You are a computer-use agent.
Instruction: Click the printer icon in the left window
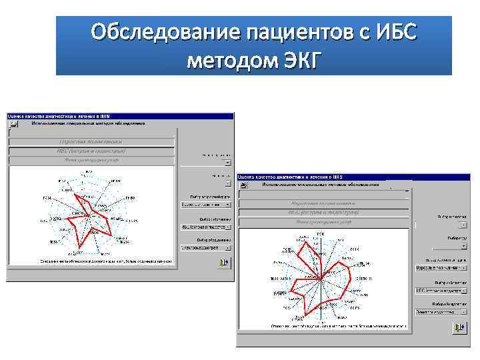(223, 263)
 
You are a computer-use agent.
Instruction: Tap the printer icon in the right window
(459, 327)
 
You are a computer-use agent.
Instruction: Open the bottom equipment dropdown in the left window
(207, 248)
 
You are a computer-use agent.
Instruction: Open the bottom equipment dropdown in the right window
(440, 311)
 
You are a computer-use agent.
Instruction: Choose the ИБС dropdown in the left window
(207, 227)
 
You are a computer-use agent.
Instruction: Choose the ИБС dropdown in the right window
(440, 291)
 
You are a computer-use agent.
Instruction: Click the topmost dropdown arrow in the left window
(228, 162)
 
